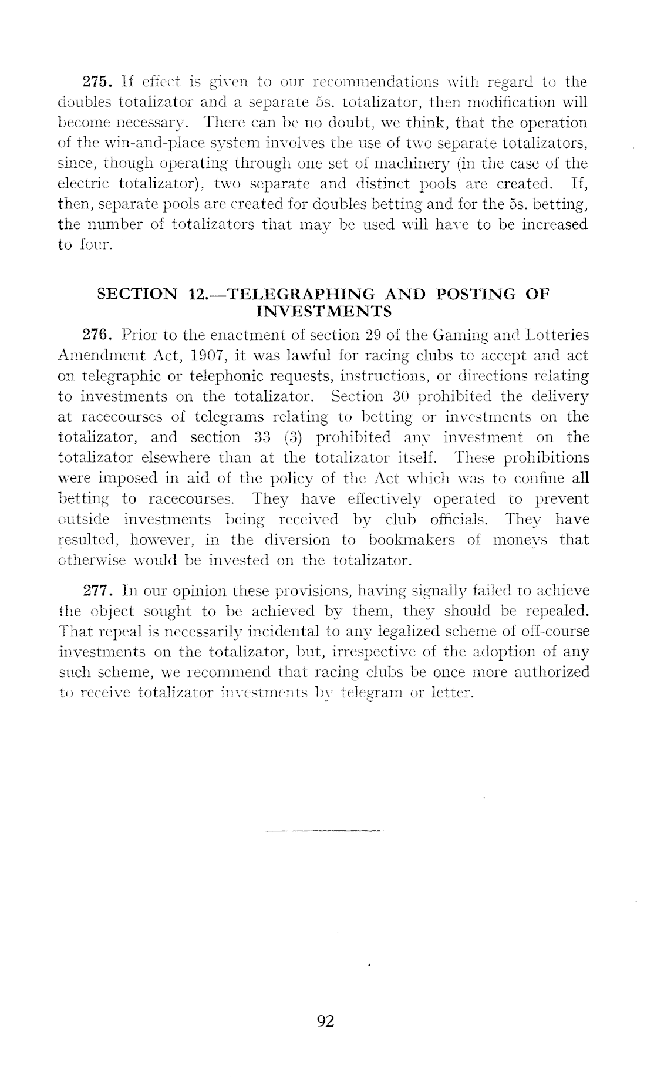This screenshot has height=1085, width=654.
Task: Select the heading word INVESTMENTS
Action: pyautogui.click(x=325, y=310)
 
